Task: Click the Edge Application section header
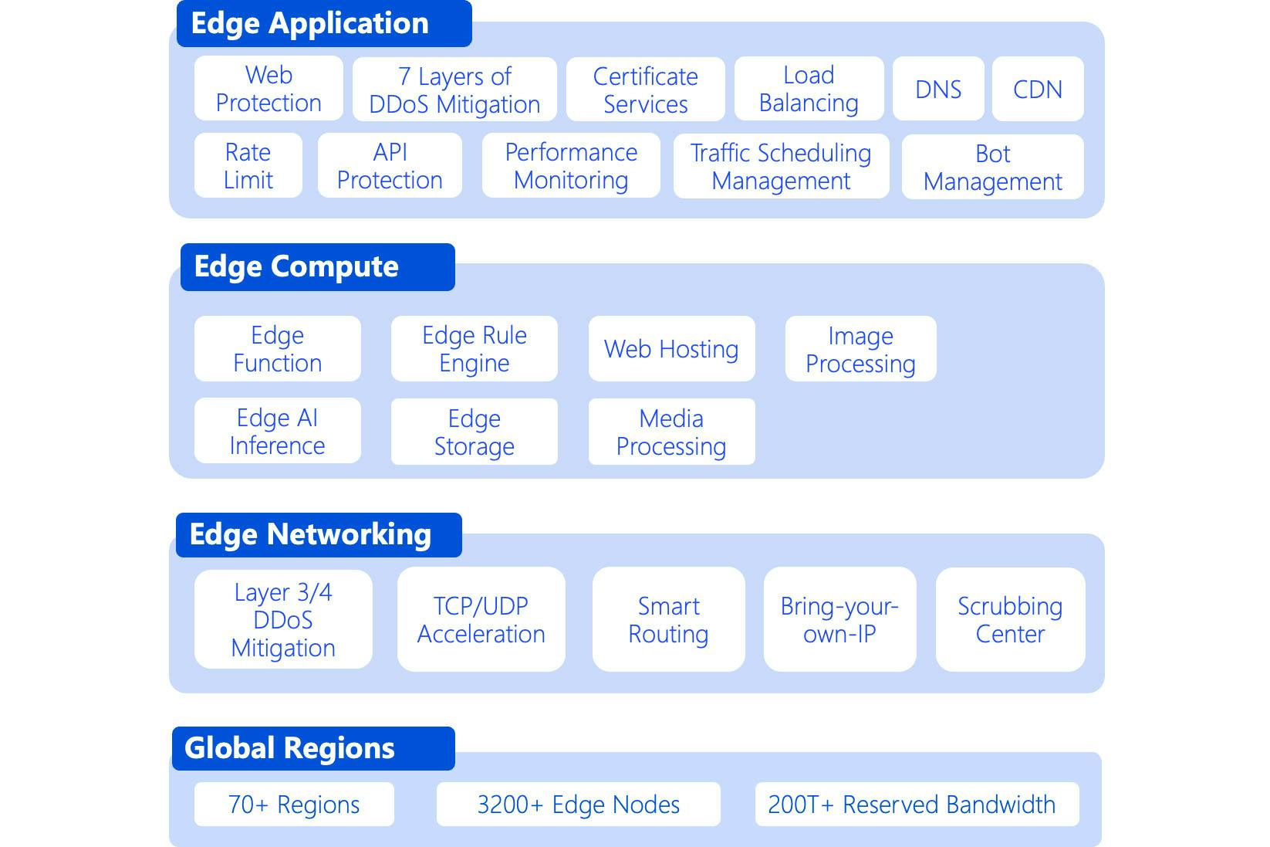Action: click(x=324, y=23)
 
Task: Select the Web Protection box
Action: click(x=269, y=88)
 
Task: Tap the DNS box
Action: click(x=938, y=89)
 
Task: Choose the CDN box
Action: click(x=1038, y=89)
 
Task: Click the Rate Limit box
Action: click(x=248, y=165)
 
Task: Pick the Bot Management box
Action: click(x=993, y=167)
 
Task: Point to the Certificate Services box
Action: click(x=646, y=89)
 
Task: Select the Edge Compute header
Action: click(x=318, y=267)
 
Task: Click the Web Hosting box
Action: click(x=672, y=348)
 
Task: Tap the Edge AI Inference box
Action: click(x=278, y=431)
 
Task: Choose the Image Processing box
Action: click(x=860, y=348)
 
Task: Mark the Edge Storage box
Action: click(x=475, y=431)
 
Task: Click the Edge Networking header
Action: click(x=319, y=535)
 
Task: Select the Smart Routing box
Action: click(x=669, y=619)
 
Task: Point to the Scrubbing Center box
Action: click(x=1010, y=619)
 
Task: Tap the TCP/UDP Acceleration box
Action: click(x=481, y=619)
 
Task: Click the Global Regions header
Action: click(x=313, y=748)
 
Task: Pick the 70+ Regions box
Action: click(x=294, y=804)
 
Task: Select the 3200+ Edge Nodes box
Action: click(x=579, y=804)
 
